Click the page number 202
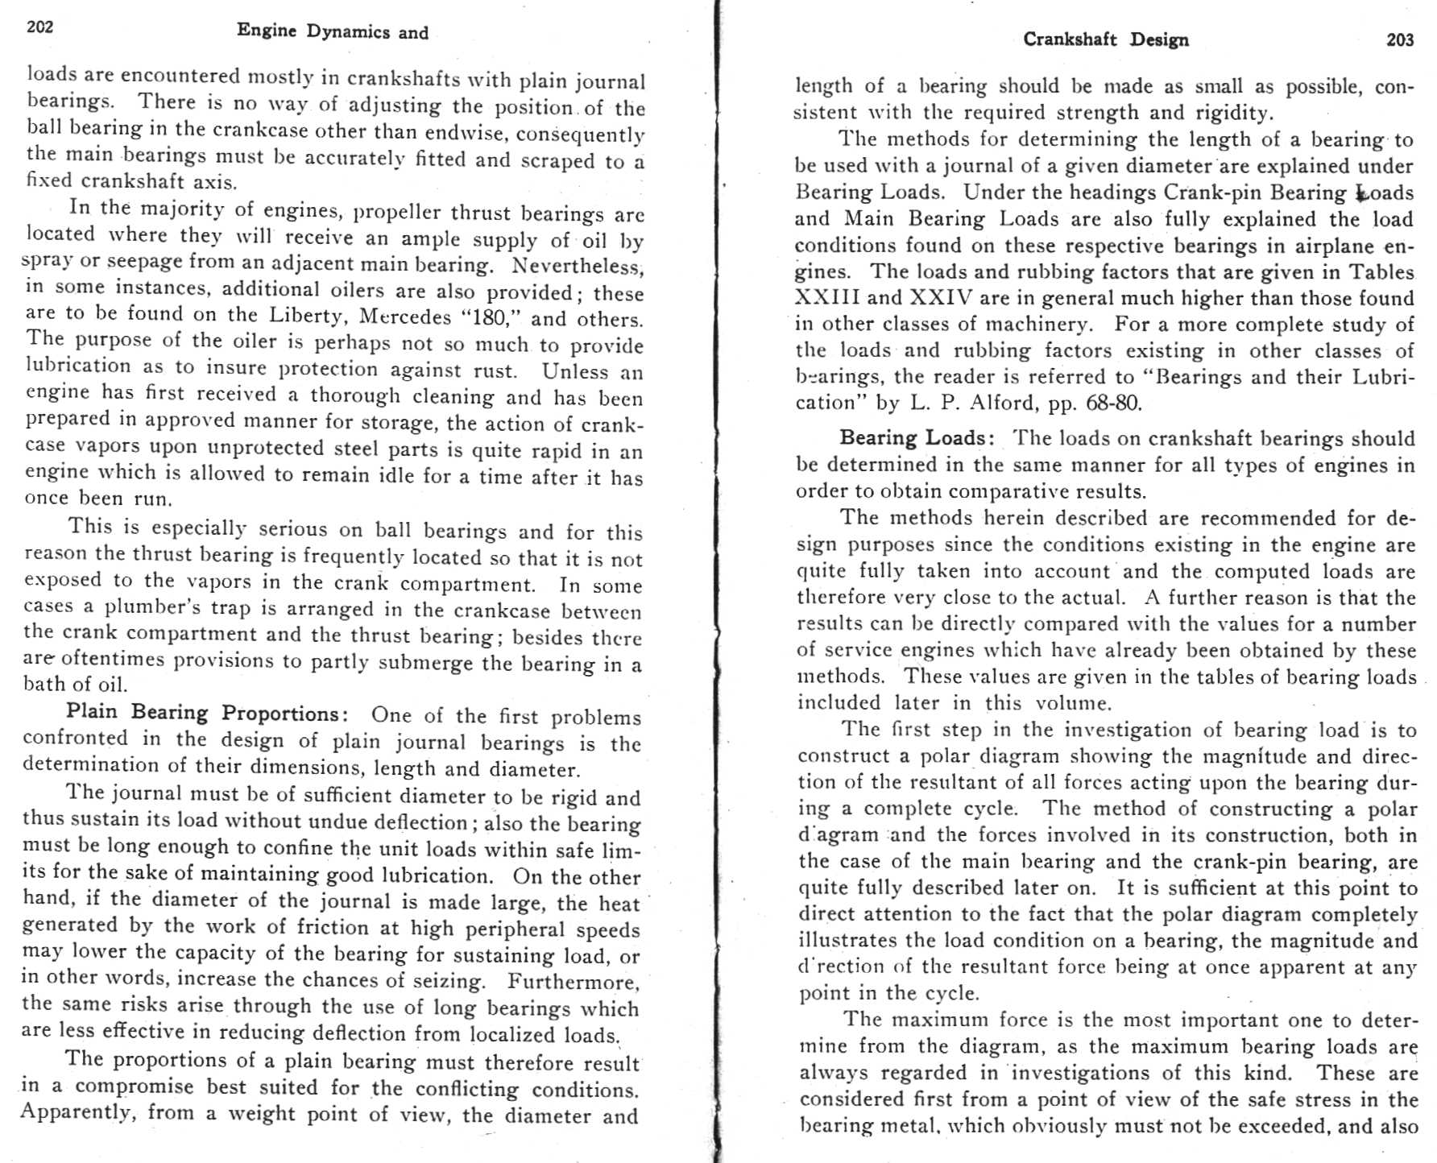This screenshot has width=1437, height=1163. click(x=40, y=27)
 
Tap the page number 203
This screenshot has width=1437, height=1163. click(x=1400, y=40)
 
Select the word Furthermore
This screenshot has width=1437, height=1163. click(x=574, y=982)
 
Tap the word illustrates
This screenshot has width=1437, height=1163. click(x=847, y=941)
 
